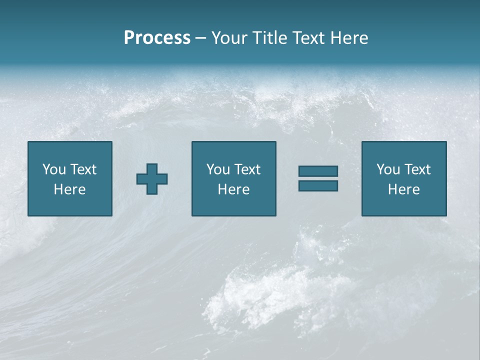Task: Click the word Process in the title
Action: [157, 38]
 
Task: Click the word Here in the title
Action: [350, 38]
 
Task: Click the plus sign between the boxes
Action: [152, 179]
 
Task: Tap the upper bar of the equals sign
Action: [318, 171]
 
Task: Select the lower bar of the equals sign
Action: [318, 186]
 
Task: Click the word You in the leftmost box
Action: [54, 169]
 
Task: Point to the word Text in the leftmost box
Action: [83, 169]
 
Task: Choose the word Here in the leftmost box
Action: [69, 189]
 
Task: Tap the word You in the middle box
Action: [218, 169]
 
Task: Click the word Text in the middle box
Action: [247, 169]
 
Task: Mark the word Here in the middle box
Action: [233, 189]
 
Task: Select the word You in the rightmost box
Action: [388, 169]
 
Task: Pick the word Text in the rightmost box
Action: [417, 169]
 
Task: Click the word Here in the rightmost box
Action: [403, 189]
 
